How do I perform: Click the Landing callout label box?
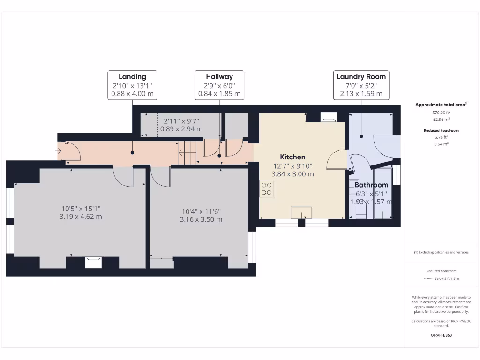[x=132, y=85]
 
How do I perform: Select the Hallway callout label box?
[x=219, y=85]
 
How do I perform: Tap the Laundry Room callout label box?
[x=361, y=85]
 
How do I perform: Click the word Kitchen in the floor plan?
[x=292, y=157]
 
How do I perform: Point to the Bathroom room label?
[x=371, y=185]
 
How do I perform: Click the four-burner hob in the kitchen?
[x=267, y=188]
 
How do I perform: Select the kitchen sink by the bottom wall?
[x=301, y=212]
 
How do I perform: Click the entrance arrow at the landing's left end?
[x=58, y=151]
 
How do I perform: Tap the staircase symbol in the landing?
[x=187, y=151]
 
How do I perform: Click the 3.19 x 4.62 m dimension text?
[x=81, y=217]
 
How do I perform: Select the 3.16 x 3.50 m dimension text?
[x=201, y=219]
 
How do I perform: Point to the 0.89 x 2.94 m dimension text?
[x=181, y=129]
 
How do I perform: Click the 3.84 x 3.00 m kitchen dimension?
[x=292, y=174]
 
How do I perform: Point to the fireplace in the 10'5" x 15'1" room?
[x=93, y=262]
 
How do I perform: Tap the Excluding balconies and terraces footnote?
[x=441, y=252]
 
